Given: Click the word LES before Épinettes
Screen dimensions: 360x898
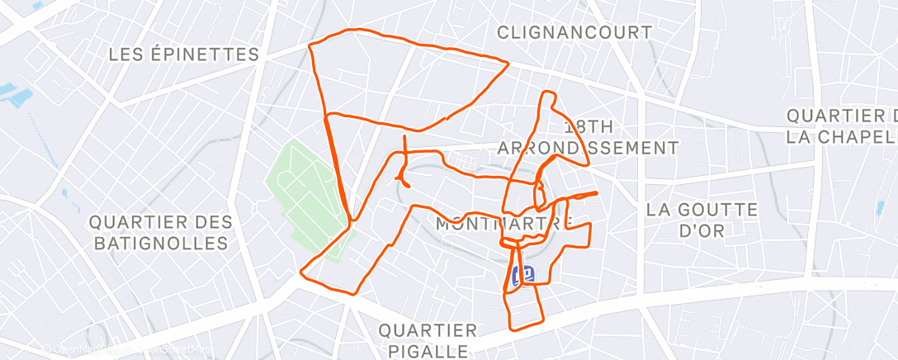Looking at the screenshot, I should [126, 54].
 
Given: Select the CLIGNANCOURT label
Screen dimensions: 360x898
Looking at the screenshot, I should [574, 32].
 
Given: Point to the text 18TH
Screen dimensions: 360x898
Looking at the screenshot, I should [589, 127].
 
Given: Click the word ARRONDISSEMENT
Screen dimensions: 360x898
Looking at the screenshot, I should [588, 148].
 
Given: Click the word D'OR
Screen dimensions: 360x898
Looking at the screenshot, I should [701, 230].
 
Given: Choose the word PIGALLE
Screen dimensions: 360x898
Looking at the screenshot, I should [428, 351].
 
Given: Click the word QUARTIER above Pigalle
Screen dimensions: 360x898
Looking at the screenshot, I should [428, 330].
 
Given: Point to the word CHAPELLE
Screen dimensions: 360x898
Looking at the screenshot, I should [859, 135].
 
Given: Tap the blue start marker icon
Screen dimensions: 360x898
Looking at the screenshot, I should [523, 275].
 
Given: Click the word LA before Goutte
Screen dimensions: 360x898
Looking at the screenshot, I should [660, 210].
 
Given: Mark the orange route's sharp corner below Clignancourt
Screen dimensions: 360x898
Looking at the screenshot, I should [507, 64].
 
